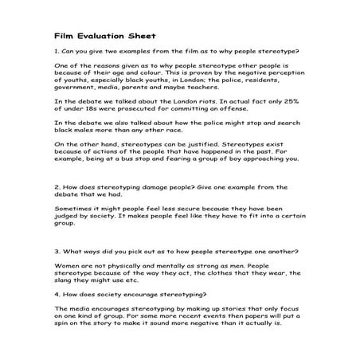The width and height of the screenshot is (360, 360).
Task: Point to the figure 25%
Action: coord(295,101)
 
